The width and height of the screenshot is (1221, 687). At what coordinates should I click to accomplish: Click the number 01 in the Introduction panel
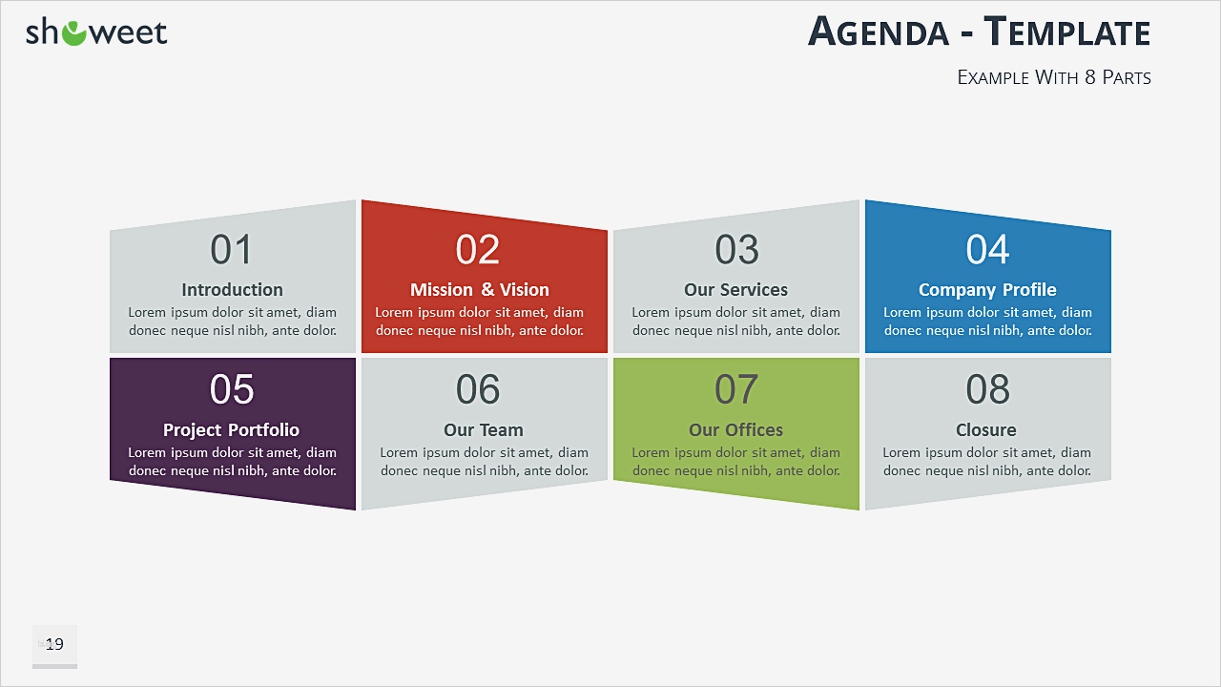232,250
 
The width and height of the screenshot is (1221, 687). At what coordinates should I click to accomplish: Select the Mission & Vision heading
479,290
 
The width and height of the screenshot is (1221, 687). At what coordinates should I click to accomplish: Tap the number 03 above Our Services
736,250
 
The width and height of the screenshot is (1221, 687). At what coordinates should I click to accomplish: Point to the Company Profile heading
987,290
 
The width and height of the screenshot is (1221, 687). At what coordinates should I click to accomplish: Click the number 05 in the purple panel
232,389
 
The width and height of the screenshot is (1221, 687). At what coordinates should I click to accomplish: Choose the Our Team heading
484,430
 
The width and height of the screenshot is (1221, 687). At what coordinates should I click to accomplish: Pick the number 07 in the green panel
736,389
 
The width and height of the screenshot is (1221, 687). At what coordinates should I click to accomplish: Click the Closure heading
986,430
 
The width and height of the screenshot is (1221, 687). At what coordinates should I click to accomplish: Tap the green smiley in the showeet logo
73,33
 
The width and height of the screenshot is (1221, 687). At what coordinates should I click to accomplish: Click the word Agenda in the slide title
878,32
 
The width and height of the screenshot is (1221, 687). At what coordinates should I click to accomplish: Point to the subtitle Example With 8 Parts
1054,77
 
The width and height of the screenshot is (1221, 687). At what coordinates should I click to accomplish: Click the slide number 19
54,645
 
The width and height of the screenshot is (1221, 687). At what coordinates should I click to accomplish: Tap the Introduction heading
232,290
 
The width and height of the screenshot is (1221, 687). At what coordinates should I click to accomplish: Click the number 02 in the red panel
478,250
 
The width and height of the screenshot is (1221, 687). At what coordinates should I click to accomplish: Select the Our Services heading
735,290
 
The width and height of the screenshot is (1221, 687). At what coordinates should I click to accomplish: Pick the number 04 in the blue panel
987,250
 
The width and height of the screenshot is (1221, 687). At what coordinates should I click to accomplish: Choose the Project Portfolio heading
231,430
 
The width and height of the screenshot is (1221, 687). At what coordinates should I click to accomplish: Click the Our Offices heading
735,430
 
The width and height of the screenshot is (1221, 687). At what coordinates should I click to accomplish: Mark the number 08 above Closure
987,389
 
